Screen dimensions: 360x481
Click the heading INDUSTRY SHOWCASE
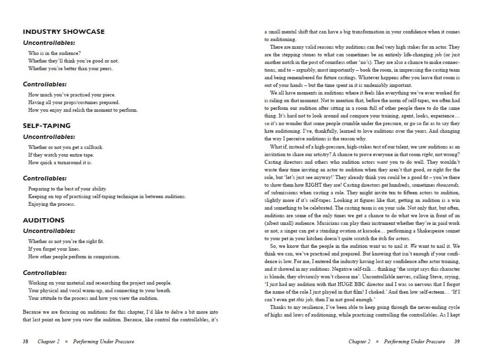pos(63,32)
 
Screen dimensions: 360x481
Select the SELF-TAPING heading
pos(47,126)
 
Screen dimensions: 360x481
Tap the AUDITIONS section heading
pos(43,220)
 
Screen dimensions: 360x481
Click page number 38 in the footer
pos(26,341)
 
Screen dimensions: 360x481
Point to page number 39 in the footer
pos(457,341)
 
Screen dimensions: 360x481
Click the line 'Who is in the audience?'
pos(54,53)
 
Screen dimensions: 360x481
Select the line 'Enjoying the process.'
pos(52,204)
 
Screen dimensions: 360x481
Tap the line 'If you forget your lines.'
pos(54,249)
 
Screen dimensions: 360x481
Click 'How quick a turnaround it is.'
pos(60,162)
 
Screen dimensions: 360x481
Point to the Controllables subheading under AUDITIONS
pos(45,273)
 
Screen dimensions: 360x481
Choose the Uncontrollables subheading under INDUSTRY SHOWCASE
pos(49,43)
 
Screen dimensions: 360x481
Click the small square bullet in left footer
pos(66,341)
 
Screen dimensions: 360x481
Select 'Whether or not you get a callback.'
pos(66,147)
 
